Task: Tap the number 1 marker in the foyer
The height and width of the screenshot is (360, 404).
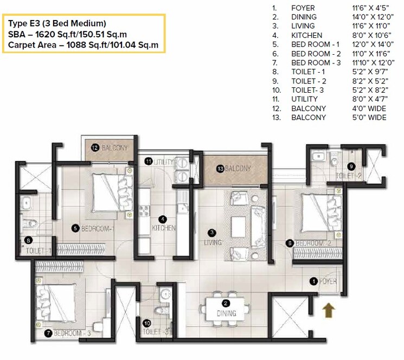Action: point(313,281)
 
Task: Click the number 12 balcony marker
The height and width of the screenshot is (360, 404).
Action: point(94,147)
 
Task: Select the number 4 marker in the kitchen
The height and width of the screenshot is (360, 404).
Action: point(162,219)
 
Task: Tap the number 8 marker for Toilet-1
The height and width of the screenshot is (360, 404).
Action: point(28,240)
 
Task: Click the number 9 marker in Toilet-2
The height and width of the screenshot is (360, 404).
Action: point(351,166)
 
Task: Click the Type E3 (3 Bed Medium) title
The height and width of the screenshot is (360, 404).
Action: point(57,23)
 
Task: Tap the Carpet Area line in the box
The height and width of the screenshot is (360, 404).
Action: point(84,45)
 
